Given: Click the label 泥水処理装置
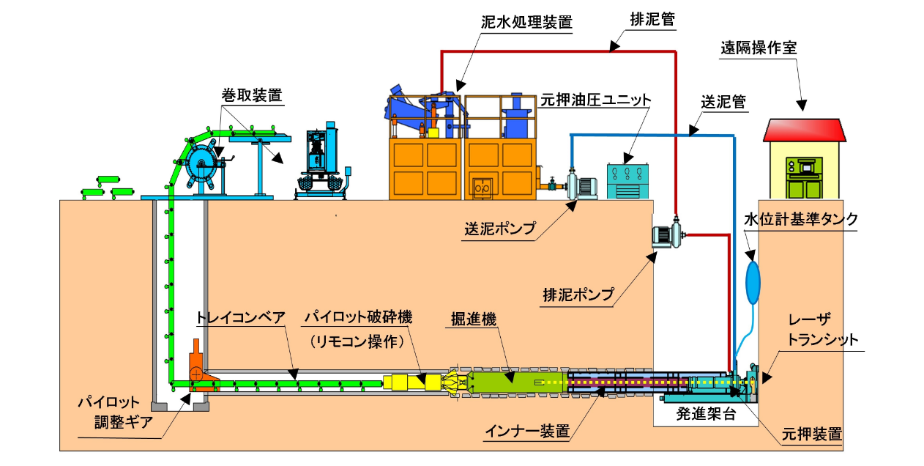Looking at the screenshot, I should [526, 22].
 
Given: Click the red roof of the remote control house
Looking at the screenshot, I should [804, 130].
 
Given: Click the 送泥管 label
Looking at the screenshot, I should [723, 103].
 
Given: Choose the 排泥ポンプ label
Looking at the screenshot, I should [578, 295].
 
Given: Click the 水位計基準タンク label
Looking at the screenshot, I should [800, 219].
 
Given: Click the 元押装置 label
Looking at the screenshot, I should [811, 434].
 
